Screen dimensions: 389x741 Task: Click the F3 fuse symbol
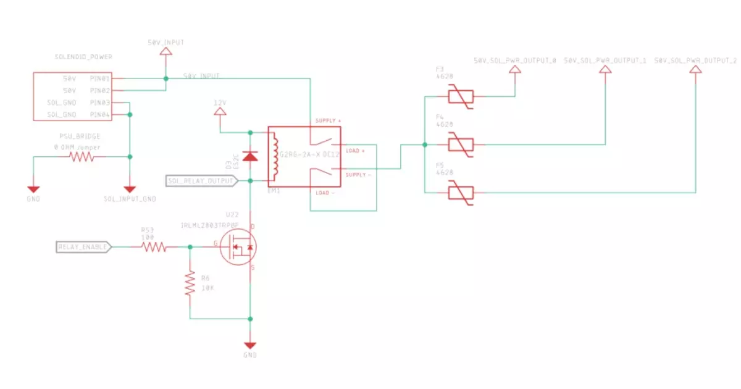pyautogui.click(x=459, y=98)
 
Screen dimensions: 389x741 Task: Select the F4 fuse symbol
pyautogui.click(x=459, y=145)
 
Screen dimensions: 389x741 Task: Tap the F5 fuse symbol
pyautogui.click(x=459, y=193)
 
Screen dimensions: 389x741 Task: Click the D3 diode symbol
pyautogui.click(x=250, y=156)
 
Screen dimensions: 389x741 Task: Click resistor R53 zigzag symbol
pyautogui.click(x=153, y=247)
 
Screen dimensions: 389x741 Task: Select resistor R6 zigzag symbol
pyautogui.click(x=190, y=283)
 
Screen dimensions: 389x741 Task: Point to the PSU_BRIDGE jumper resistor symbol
pyautogui.click(x=82, y=157)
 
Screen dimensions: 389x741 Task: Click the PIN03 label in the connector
pyautogui.click(x=99, y=102)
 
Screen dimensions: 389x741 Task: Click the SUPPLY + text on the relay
pyautogui.click(x=328, y=120)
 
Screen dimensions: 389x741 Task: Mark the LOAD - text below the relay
pyautogui.click(x=325, y=193)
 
